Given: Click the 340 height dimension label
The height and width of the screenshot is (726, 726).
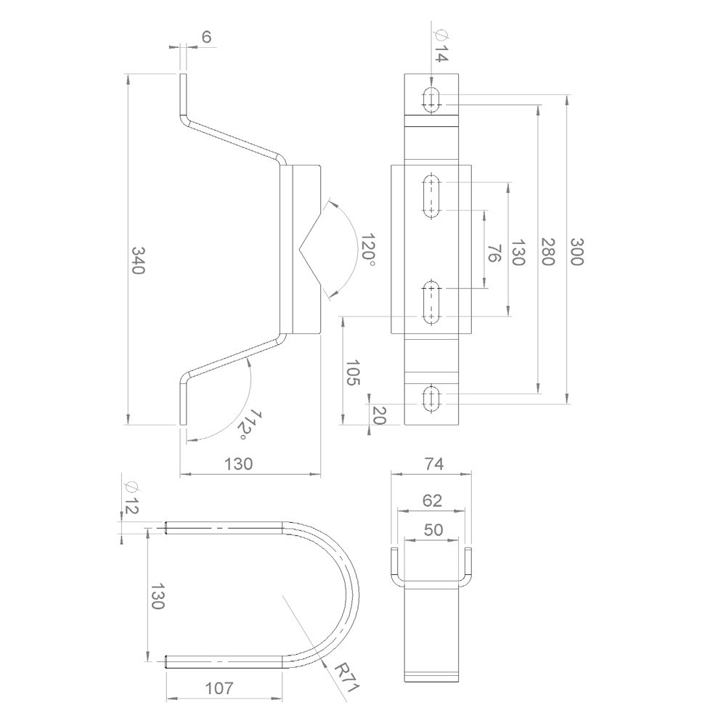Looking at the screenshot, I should tap(138, 260).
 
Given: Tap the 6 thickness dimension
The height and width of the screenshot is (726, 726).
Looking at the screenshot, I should tap(207, 38).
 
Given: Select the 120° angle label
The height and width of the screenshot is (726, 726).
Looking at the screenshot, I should tap(368, 250).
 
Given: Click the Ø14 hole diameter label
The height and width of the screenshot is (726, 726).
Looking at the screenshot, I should tap(440, 44).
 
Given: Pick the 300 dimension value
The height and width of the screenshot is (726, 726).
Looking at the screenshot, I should tap(576, 251).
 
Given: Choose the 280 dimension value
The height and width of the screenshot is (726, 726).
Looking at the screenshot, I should tap(548, 251).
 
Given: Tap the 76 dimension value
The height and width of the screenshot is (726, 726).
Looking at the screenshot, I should tap(494, 253).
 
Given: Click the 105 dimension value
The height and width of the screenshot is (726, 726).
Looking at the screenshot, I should tap(352, 372).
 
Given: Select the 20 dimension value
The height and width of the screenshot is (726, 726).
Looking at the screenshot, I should tap(378, 415).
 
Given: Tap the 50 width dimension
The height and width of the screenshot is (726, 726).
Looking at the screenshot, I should tap(433, 530).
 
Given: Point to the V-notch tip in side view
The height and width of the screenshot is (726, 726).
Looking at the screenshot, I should tap(299, 248).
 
